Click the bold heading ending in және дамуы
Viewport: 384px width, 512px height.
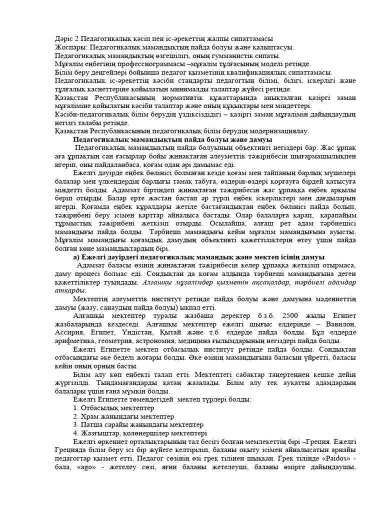[x=172, y=140]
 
